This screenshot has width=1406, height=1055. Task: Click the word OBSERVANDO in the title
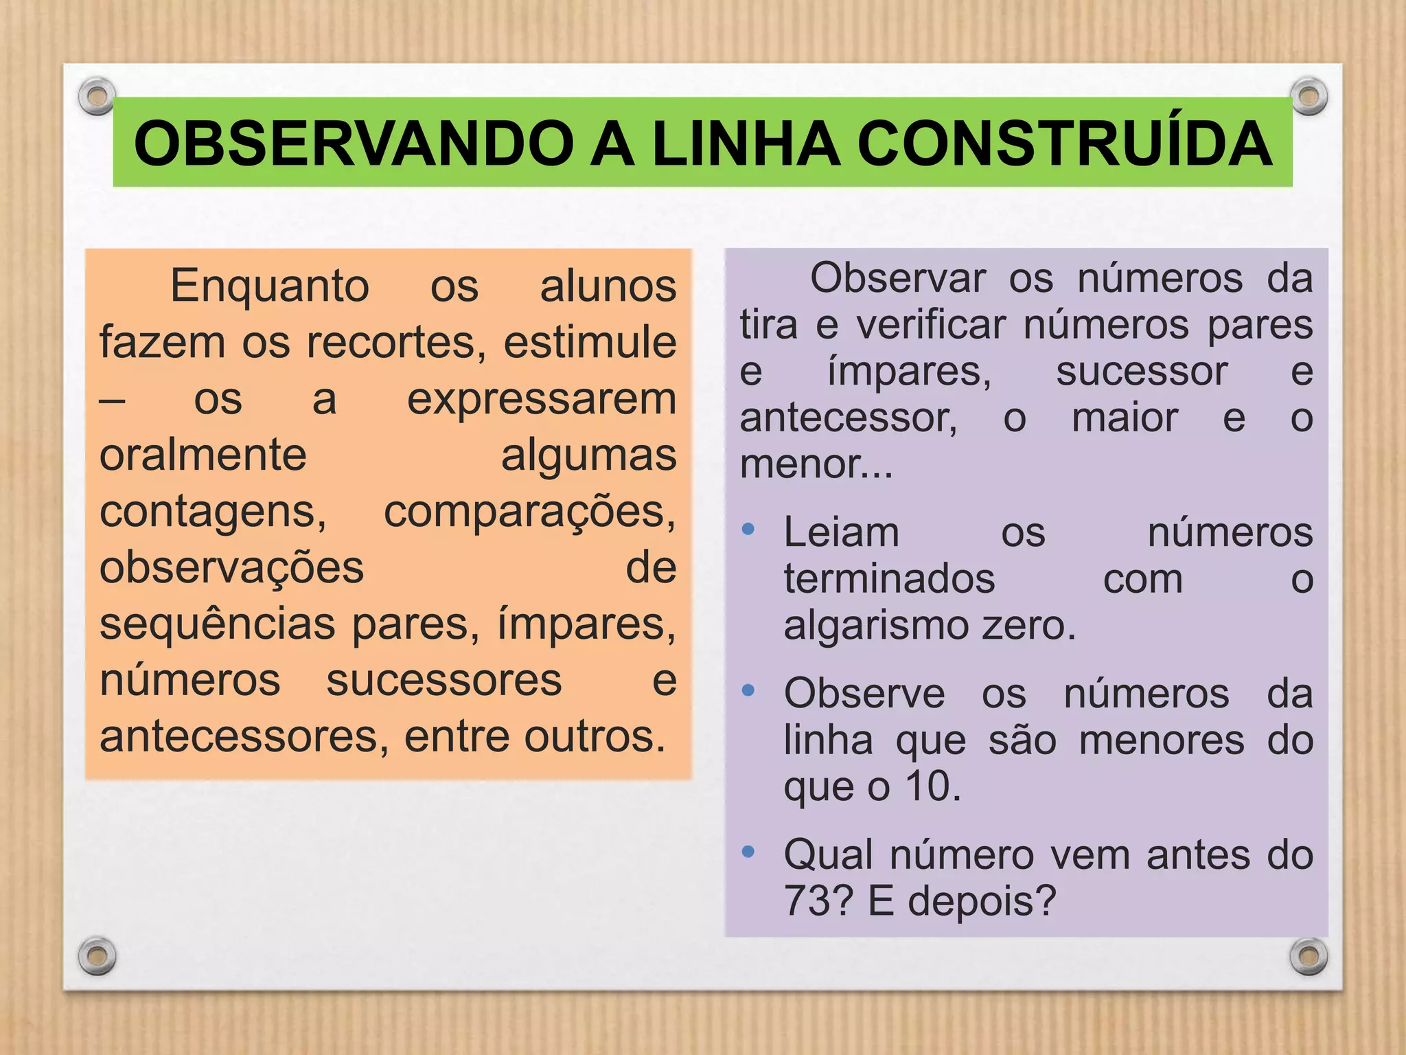tap(354, 144)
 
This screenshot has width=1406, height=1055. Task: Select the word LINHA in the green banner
tap(746, 144)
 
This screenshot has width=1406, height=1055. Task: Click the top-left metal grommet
tap(97, 95)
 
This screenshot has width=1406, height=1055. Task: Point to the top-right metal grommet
tap(1309, 96)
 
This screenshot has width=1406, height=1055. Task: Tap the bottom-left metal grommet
tap(97, 955)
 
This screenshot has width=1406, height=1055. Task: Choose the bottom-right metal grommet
tap(1309, 956)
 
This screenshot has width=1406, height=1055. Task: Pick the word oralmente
tap(203, 455)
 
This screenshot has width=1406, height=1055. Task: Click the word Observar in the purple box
tap(897, 279)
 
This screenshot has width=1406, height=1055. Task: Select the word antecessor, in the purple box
tap(849, 418)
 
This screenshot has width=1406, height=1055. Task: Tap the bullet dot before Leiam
tap(748, 529)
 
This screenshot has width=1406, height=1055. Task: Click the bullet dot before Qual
tap(748, 852)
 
